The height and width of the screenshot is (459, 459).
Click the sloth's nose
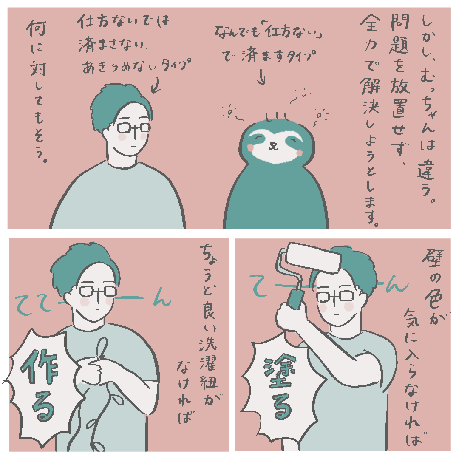[273, 144]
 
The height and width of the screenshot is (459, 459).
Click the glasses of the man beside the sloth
[133, 128]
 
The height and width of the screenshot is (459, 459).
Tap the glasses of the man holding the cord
[98, 291]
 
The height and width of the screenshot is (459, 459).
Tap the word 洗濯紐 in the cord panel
[209, 363]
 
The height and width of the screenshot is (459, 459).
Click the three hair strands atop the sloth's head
[277, 117]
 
